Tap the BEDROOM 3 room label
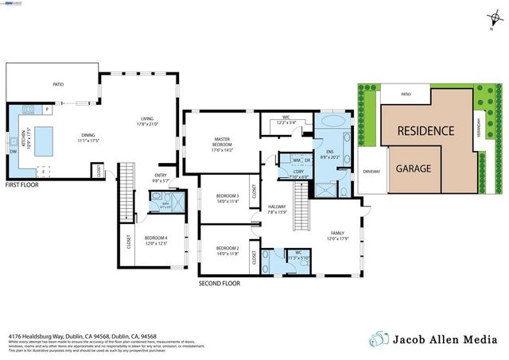click(227, 195)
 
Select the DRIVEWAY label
click(371, 170)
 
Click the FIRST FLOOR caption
click(22, 184)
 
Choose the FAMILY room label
click(338, 232)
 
